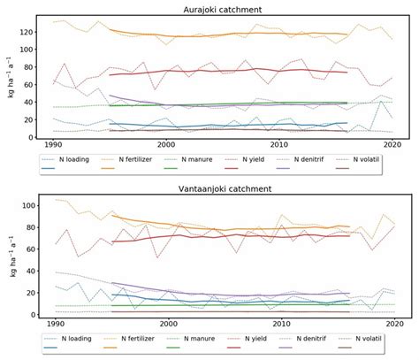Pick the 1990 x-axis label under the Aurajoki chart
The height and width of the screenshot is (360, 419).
(x=53, y=145)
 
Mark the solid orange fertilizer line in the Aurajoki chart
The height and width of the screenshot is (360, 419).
(x=221, y=35)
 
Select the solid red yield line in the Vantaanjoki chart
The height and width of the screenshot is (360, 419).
(x=221, y=236)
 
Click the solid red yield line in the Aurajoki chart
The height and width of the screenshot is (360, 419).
(x=221, y=71)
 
